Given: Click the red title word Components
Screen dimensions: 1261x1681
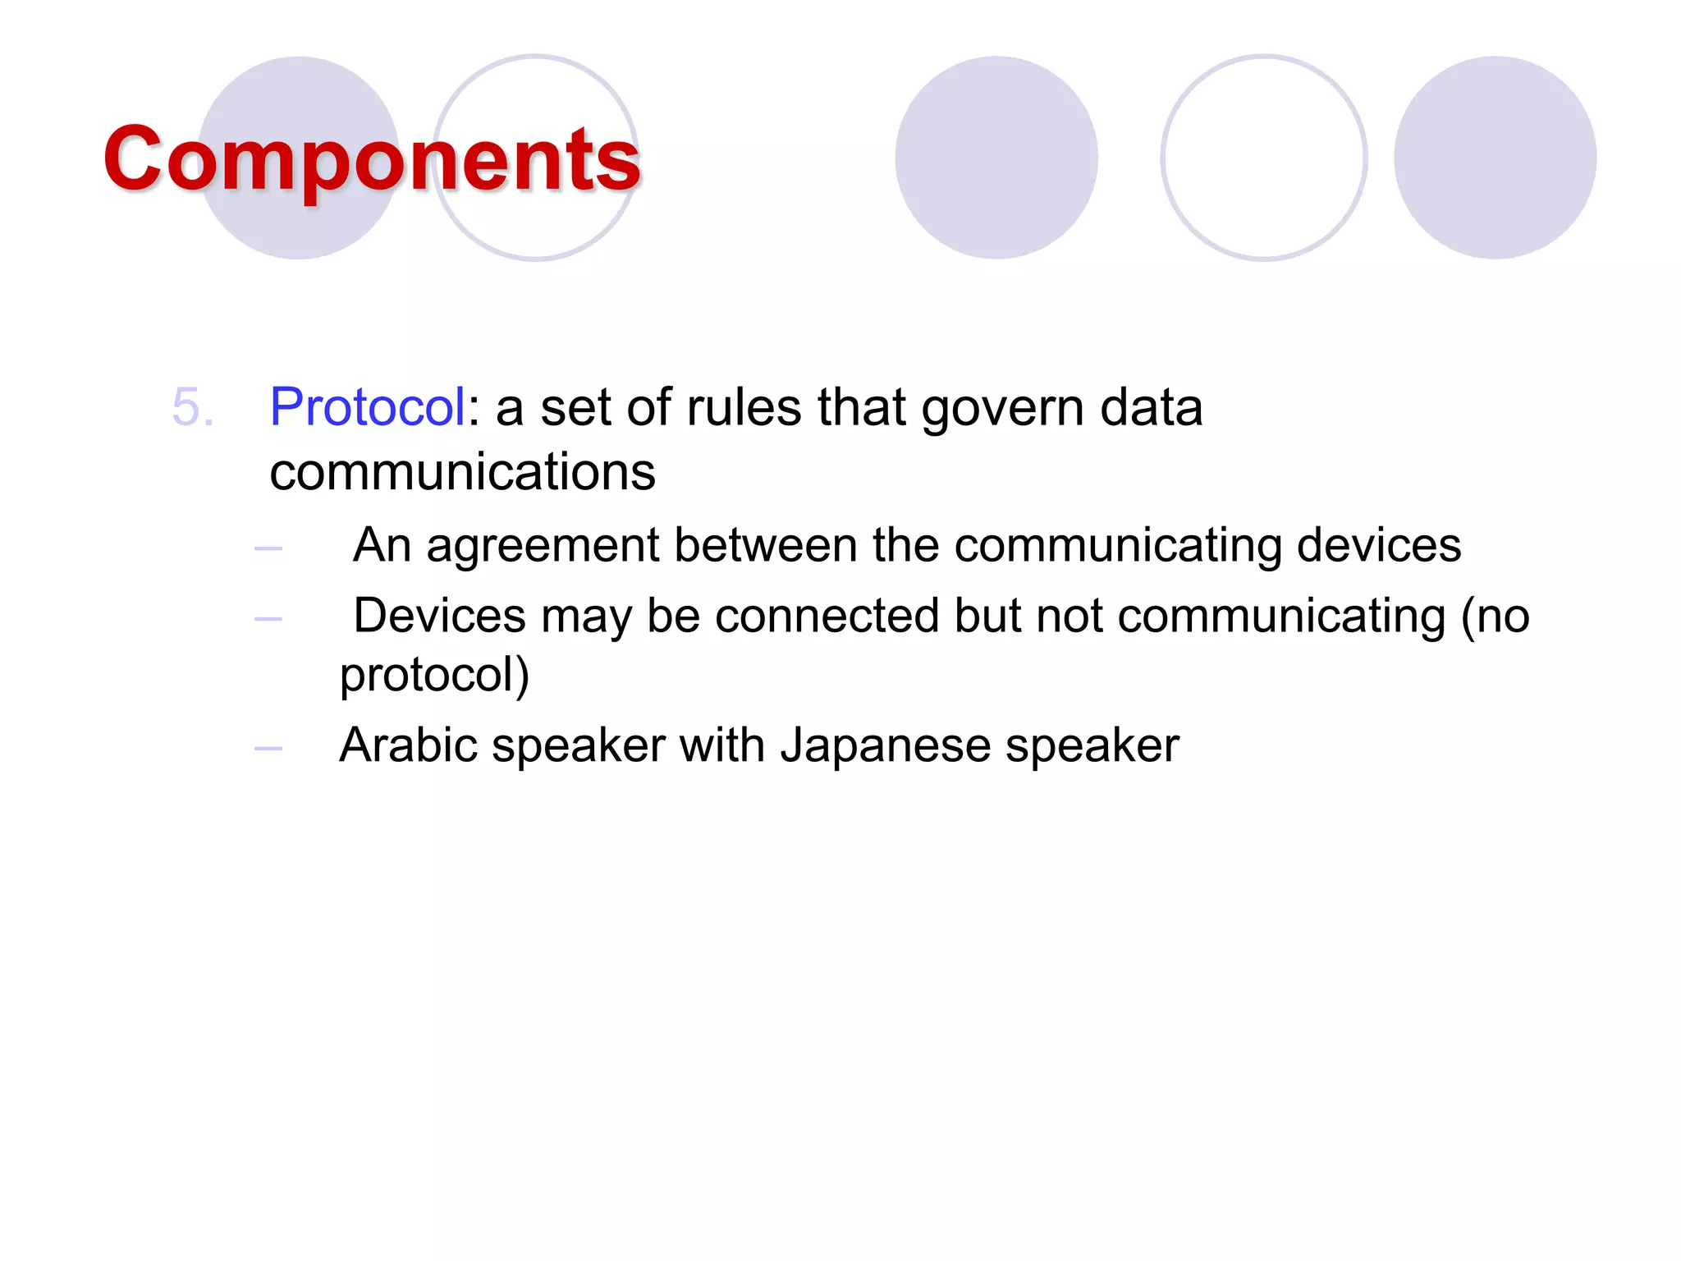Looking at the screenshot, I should click(x=371, y=159).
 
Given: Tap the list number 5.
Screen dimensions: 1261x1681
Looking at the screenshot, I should click(x=193, y=406).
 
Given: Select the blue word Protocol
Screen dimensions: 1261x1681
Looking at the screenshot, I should click(x=368, y=406).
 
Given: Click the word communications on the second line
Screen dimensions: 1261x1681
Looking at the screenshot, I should click(x=462, y=472).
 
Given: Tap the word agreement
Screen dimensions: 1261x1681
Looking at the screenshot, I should click(x=543, y=546).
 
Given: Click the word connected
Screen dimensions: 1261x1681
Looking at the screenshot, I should click(x=827, y=616).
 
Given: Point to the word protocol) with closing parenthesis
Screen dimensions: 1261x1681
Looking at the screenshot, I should click(x=434, y=676).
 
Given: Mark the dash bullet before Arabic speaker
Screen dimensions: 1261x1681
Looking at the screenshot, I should click(x=268, y=748).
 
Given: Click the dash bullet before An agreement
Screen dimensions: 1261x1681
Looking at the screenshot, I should click(x=268, y=548).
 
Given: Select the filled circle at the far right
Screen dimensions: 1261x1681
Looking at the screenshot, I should click(x=1495, y=158).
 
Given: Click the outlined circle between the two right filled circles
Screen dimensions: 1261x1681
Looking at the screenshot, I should click(x=1263, y=158).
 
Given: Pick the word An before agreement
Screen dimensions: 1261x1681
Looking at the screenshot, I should click(x=382, y=544).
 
